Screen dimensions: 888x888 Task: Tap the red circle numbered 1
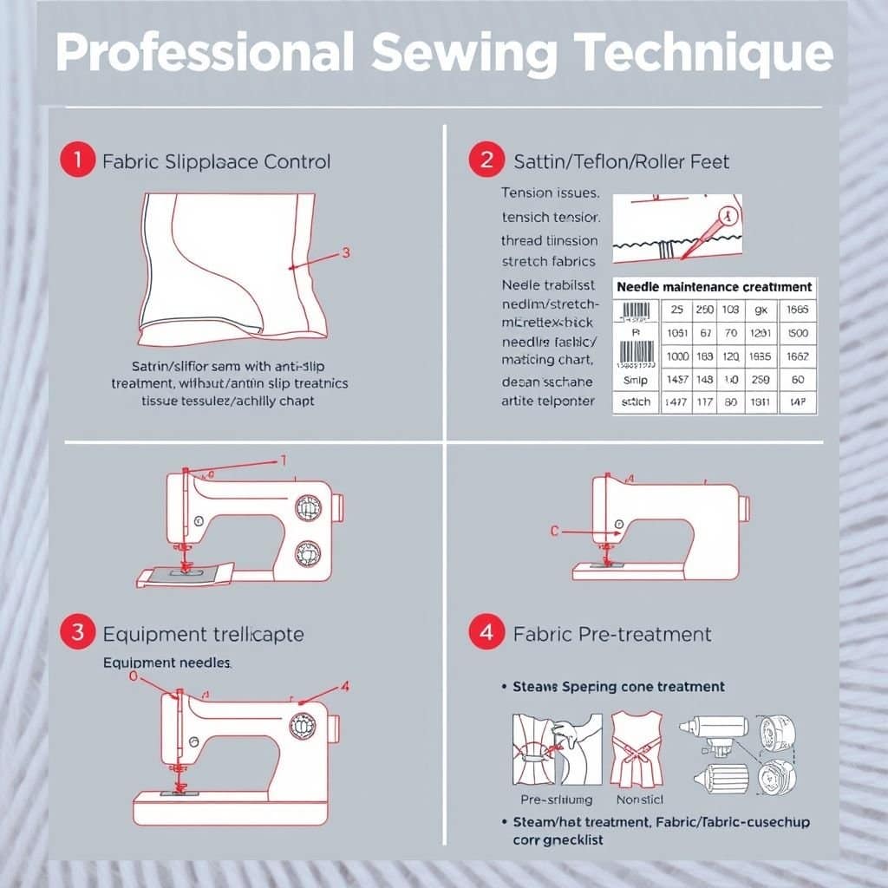click(x=77, y=160)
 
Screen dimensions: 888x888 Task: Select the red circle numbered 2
click(x=486, y=160)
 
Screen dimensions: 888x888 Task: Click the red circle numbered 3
click(x=77, y=632)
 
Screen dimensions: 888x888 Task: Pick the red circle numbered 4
click(x=486, y=632)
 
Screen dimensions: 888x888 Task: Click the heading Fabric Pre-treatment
click(x=612, y=634)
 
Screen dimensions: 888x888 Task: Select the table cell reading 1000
click(x=678, y=356)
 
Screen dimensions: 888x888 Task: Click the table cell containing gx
click(x=761, y=310)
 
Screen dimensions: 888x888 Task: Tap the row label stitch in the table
click(x=637, y=402)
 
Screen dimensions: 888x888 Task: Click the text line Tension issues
click(x=549, y=193)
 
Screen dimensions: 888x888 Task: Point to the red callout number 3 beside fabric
click(x=346, y=253)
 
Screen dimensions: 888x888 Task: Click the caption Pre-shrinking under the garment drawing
click(x=556, y=800)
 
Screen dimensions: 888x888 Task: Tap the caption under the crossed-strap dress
click(x=639, y=800)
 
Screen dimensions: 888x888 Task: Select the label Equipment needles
click(x=167, y=662)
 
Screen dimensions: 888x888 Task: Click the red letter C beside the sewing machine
click(x=555, y=532)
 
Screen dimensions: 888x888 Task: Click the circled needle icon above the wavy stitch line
click(x=727, y=214)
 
